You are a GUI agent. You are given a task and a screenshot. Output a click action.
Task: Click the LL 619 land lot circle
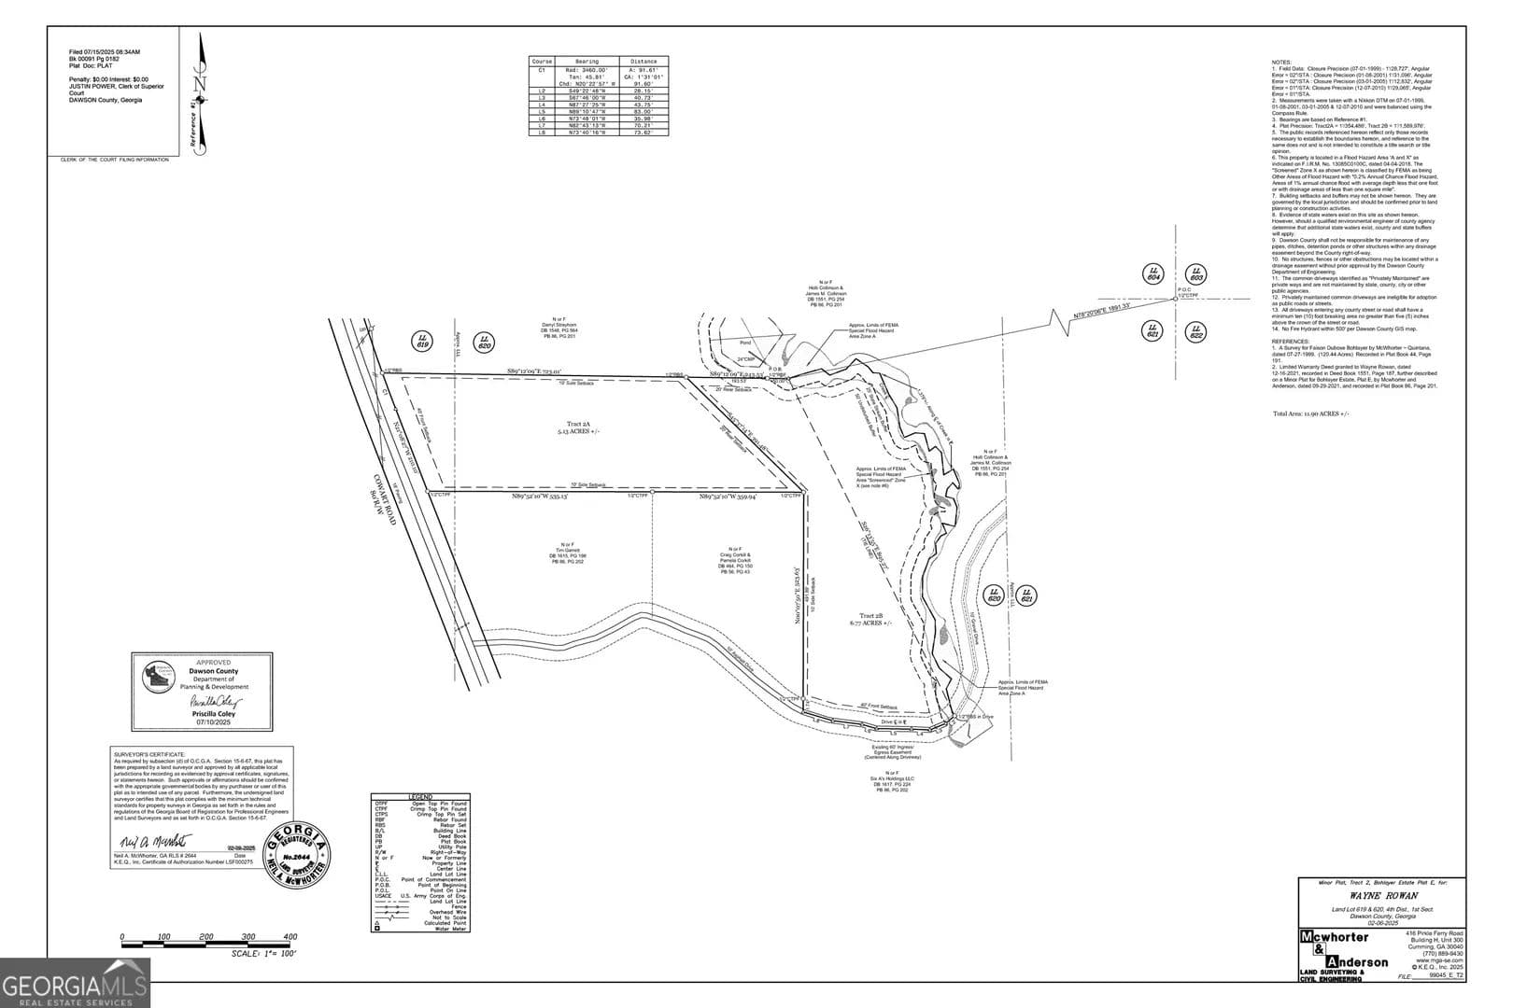(x=423, y=343)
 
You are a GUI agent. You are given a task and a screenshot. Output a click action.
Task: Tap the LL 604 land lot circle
(x=1153, y=273)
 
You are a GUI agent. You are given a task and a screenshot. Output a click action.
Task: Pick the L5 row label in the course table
(x=542, y=111)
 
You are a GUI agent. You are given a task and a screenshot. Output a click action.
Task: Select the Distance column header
(x=643, y=62)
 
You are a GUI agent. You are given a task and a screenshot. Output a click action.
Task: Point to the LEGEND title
(x=420, y=797)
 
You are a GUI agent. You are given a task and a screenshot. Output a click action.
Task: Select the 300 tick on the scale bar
(x=247, y=937)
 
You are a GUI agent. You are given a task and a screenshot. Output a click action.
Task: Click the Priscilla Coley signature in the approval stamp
(x=216, y=701)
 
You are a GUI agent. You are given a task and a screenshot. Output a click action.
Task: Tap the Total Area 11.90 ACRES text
(x=1311, y=413)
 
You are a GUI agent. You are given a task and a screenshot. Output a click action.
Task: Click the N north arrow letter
(x=199, y=83)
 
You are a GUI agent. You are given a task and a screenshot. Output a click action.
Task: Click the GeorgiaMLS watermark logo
(x=75, y=985)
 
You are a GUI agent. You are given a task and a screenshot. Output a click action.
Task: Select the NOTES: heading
(x=1281, y=63)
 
